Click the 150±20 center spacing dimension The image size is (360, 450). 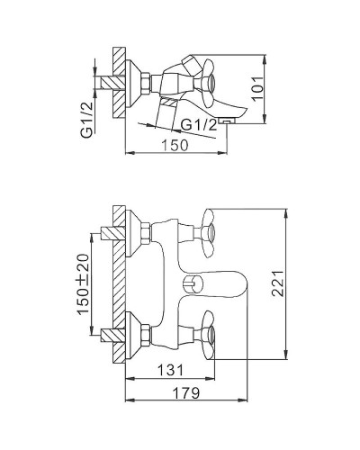tap(83, 283)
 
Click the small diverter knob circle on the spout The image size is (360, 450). tap(189, 285)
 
